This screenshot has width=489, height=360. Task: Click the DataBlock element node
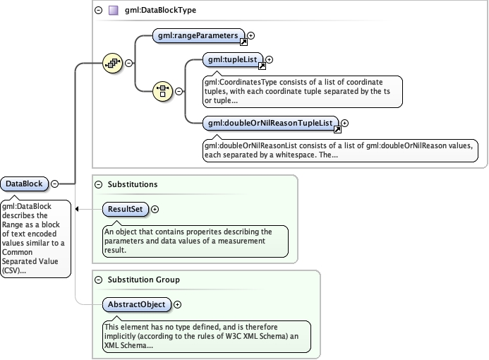tap(24, 184)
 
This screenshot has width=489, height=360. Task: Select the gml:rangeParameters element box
tap(198, 35)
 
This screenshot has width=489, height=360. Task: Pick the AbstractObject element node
tap(137, 304)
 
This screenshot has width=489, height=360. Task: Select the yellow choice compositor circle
tap(163, 90)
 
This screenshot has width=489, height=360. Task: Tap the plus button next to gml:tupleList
tap(269, 60)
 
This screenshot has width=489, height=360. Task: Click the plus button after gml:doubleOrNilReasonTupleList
tap(345, 124)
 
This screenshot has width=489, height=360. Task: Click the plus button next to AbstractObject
tap(177, 304)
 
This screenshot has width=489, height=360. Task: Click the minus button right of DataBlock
tap(54, 184)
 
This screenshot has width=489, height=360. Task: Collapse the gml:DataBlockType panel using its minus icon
tap(97, 11)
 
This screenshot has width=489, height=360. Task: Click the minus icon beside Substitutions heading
tap(97, 184)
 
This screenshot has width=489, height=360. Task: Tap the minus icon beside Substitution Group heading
tap(97, 280)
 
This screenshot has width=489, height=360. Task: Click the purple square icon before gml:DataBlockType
tap(113, 11)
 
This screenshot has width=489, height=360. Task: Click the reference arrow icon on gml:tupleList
tap(262, 66)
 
